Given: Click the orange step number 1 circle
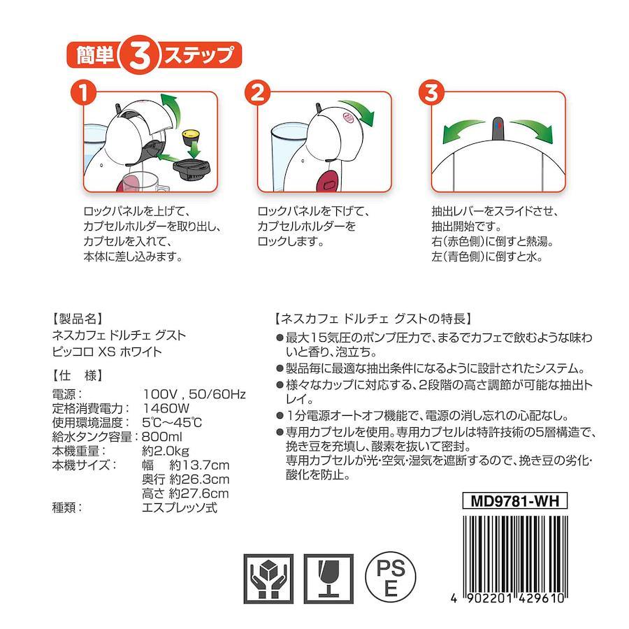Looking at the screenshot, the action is pos(83,93).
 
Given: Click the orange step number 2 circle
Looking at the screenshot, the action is pos(257,93).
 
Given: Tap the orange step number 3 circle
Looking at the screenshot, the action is pos(432,93).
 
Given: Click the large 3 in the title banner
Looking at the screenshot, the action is pos(140,56).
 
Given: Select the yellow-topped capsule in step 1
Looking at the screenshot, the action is pos(191,138).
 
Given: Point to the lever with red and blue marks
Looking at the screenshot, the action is pos(498,129).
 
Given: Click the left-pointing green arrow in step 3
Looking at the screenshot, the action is pos(463,131).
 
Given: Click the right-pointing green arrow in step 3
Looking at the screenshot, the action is pos(532,131).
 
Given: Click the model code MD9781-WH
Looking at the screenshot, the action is pos(514,500).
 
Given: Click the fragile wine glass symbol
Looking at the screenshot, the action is pos(328,579).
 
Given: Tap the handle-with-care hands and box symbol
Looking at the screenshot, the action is pos(268,579).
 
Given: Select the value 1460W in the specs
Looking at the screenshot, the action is pos(166,408).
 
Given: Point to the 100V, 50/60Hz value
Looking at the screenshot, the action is pos(194,394).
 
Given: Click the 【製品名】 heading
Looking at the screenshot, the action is pos(78,319).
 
